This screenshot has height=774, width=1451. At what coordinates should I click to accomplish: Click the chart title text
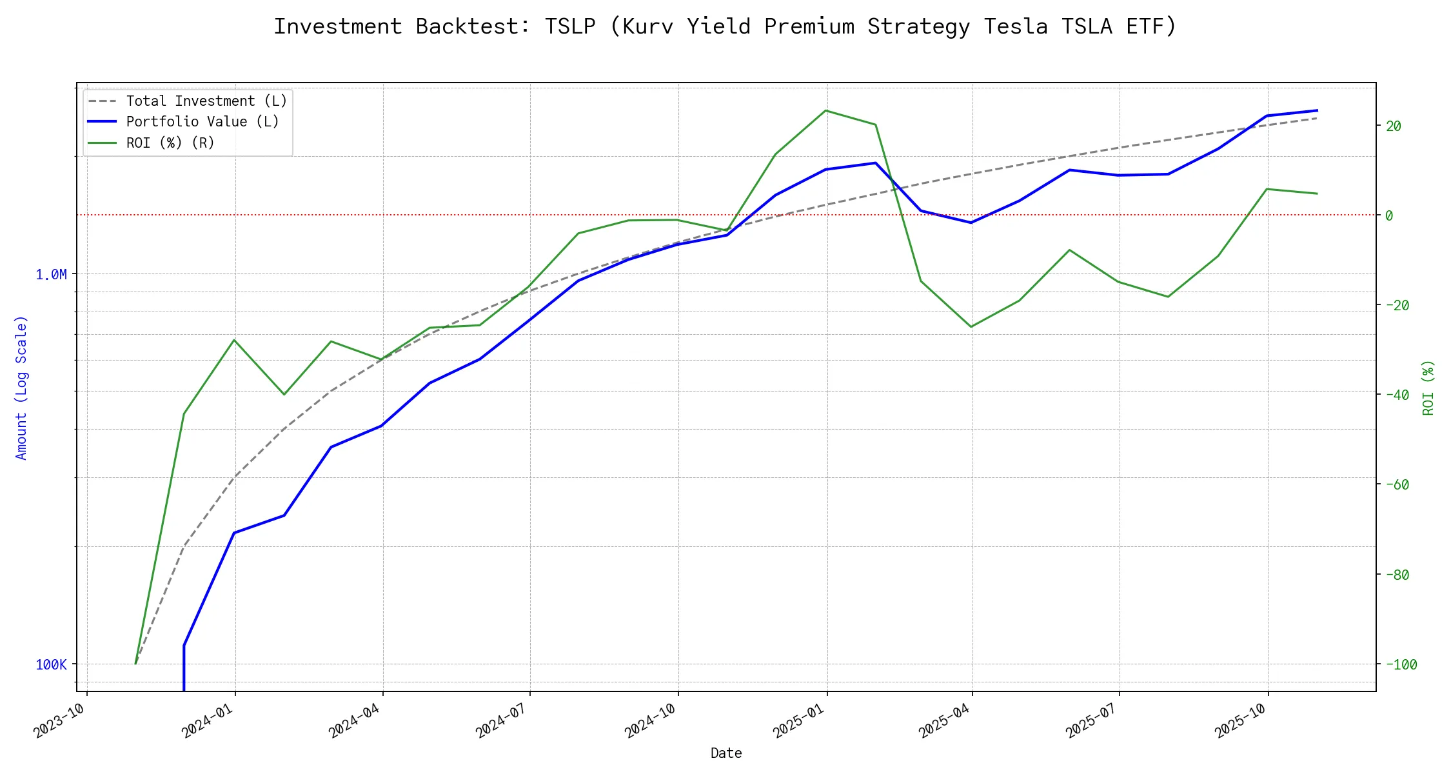(725, 26)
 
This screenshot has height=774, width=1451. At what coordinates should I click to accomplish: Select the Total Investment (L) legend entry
(206, 101)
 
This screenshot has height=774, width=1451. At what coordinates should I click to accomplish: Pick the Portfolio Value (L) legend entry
(202, 122)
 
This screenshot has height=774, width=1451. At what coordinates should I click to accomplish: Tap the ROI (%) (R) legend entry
(170, 143)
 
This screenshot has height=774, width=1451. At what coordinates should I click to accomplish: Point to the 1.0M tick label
(51, 275)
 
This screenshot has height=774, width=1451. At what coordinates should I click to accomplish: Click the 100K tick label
(51, 665)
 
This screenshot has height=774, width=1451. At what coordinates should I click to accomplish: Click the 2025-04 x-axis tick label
(944, 720)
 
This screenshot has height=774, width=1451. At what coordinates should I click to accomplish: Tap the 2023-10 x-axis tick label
(59, 720)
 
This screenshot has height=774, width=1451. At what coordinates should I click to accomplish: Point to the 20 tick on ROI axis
(1394, 126)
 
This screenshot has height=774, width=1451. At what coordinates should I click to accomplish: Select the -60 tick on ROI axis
(1397, 485)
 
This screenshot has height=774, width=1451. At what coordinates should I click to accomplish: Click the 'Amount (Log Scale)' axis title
(21, 387)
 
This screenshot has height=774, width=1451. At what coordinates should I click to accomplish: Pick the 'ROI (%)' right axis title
(1428, 387)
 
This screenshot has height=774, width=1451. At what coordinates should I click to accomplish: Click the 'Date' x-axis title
(726, 753)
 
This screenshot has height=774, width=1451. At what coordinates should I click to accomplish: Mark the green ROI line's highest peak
(825, 110)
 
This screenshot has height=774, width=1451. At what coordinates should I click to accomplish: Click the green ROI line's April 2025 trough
(971, 327)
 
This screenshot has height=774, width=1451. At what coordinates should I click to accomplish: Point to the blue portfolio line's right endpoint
(1317, 110)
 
